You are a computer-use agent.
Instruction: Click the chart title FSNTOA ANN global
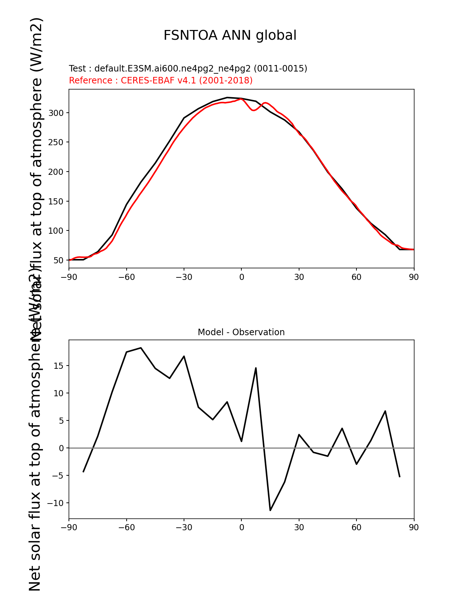point(230,35)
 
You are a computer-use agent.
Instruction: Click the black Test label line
point(188,69)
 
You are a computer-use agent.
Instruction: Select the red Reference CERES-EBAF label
point(161,81)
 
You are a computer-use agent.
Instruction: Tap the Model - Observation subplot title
point(241,332)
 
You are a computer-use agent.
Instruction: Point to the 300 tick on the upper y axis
point(56,113)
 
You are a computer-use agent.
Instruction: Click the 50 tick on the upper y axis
point(58,260)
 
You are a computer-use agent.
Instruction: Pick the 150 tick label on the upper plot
point(56,202)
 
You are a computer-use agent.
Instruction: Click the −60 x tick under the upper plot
point(126,277)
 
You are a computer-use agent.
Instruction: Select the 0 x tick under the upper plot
point(241,277)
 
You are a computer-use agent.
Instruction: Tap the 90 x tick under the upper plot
point(414,277)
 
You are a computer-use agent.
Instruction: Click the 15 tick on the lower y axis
point(58,366)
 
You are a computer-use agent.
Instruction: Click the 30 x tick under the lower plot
point(299,528)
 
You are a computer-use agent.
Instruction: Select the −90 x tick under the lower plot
point(69,528)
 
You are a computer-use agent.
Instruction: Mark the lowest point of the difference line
point(270,510)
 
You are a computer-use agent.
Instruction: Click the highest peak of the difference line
point(141,348)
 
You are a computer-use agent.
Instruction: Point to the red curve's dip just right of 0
point(254,110)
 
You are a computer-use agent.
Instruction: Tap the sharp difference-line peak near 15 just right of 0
point(256,368)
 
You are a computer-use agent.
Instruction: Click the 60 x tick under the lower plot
point(356,528)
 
